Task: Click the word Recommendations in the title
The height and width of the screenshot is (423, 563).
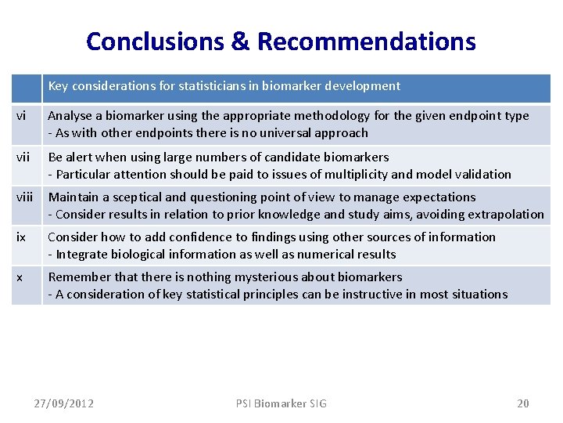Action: click(x=366, y=41)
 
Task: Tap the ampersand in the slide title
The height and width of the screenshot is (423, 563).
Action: click(x=240, y=41)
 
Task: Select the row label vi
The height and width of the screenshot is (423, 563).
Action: click(x=21, y=116)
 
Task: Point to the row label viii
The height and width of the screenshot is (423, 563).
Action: click(x=26, y=197)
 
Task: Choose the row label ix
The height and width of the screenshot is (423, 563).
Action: click(x=21, y=237)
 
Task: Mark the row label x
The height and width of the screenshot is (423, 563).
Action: click(x=20, y=277)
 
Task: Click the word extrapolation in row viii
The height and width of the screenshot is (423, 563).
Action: click(x=507, y=214)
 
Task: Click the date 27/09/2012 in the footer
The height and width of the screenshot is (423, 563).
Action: click(x=64, y=403)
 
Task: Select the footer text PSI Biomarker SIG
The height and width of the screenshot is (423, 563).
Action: click(x=281, y=403)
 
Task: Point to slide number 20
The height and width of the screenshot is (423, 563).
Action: click(x=523, y=403)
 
